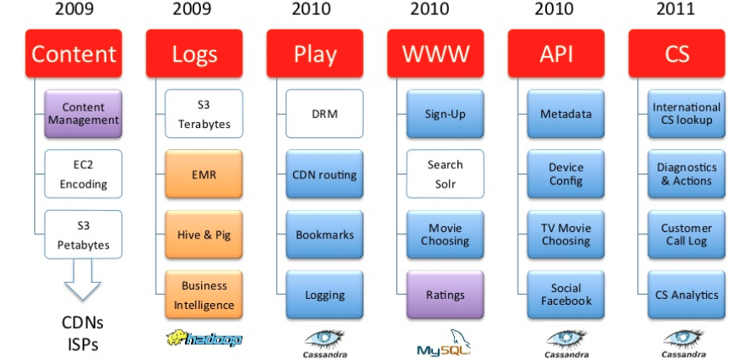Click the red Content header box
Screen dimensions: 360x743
click(x=74, y=54)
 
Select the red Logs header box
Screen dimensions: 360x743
click(x=194, y=54)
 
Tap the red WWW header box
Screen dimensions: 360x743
click(x=436, y=54)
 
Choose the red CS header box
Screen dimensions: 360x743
click(x=677, y=54)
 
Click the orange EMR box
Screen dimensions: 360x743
click(x=204, y=174)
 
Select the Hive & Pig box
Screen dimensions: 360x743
click(x=204, y=234)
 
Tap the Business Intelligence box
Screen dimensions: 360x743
click(x=204, y=295)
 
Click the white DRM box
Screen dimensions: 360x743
click(x=324, y=114)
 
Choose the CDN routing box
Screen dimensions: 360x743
click(x=324, y=174)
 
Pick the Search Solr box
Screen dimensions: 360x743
click(x=445, y=174)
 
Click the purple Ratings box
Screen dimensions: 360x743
click(x=445, y=295)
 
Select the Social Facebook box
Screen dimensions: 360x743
click(x=565, y=295)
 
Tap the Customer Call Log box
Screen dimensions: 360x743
click(x=686, y=234)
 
